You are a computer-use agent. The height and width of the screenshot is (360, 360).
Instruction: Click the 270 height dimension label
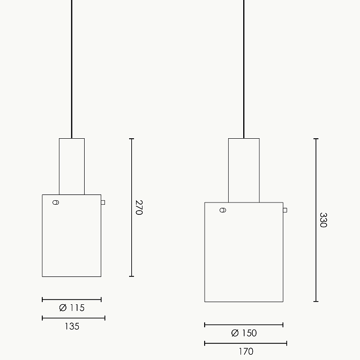point(139,207)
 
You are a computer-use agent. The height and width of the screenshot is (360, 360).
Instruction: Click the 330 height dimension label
point(323,220)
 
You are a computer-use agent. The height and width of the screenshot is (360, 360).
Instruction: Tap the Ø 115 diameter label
point(72,307)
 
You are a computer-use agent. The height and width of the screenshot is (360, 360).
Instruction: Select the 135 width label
point(72,326)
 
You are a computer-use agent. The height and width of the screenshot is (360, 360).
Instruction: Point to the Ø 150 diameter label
point(244,333)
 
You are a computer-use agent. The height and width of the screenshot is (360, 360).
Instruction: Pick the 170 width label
point(246,351)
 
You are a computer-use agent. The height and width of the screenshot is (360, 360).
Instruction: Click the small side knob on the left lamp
point(103,202)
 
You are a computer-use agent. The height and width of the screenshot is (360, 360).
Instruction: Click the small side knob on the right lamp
point(285,210)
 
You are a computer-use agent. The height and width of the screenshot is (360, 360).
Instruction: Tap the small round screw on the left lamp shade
point(56,202)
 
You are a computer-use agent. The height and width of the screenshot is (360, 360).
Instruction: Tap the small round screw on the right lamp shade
point(223,210)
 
